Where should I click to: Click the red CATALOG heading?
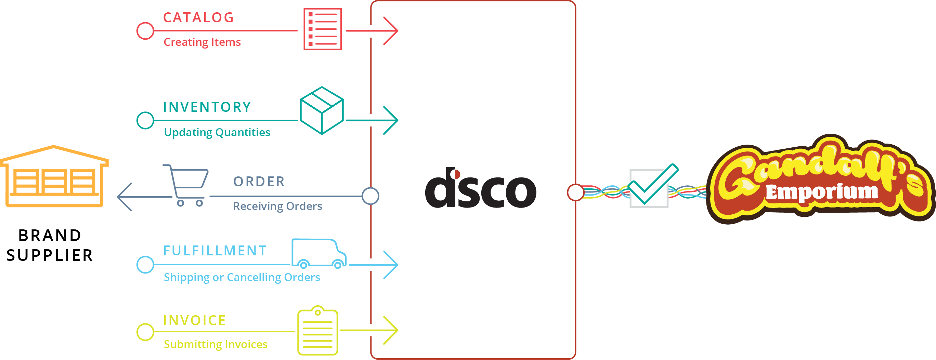198,17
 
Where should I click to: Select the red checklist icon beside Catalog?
323,29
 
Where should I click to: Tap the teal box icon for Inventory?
322,110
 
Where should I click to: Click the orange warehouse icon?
54,176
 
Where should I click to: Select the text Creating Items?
202,42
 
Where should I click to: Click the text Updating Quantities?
217,132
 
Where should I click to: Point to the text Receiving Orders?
277,206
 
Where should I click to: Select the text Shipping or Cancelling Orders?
242,278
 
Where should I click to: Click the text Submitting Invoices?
216,344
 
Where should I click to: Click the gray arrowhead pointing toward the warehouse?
123,197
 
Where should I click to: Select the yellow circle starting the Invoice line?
145,332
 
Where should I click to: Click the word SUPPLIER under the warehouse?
50,255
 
